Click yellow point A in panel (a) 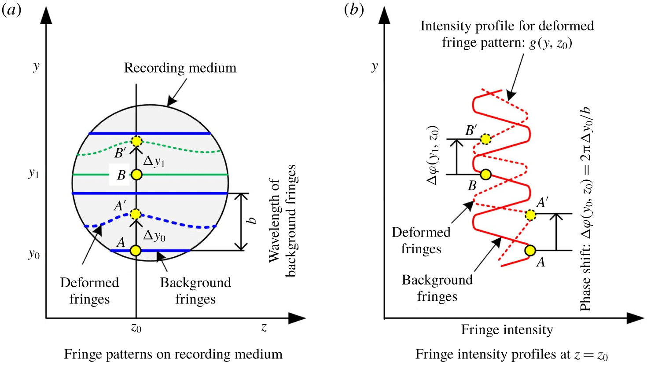coord(136,251)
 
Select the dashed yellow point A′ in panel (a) coord(136,214)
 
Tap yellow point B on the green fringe coord(136,175)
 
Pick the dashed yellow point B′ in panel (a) coord(136,141)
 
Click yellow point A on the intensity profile coord(530,251)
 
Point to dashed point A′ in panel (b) coord(530,215)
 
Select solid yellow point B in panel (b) coord(485,175)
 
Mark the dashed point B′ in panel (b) coord(485,139)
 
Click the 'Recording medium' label coord(180,68)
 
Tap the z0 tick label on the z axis coord(136,328)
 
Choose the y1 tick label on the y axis coord(33,174)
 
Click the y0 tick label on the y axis coord(33,254)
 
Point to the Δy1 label coord(154,161)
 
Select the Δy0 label coord(154,236)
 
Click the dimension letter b coord(252,220)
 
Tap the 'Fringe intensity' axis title coord(507,330)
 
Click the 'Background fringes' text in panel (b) coord(437,288)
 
